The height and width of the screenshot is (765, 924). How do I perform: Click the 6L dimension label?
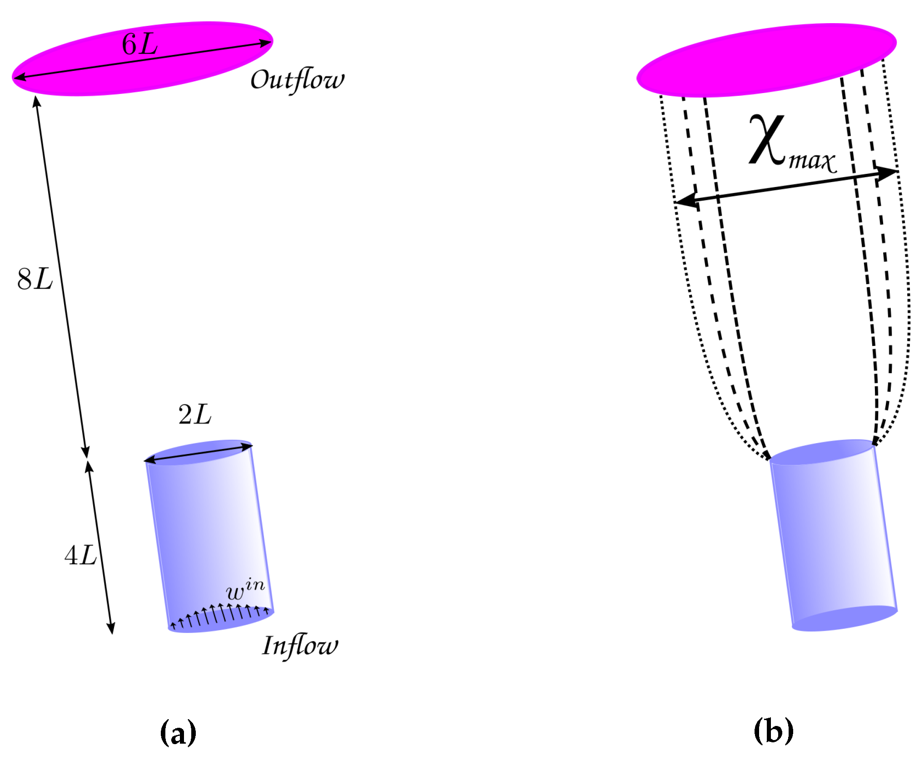139,44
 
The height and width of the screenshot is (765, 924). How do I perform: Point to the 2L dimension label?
195,414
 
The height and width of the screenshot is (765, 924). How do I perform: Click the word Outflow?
297,80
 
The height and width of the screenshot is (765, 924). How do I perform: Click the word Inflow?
300,646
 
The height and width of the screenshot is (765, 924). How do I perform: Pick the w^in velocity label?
245,590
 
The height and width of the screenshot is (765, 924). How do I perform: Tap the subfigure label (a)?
178,732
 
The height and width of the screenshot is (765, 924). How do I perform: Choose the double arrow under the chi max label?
786,187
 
